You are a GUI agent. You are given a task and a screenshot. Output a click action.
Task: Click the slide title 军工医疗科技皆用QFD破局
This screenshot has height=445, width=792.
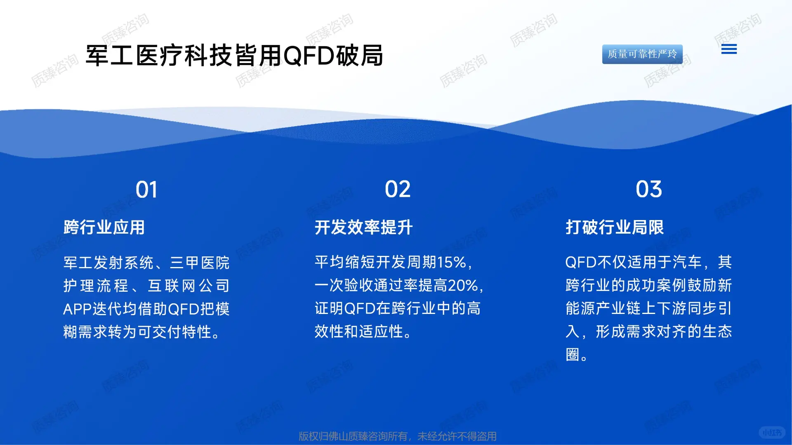(x=234, y=56)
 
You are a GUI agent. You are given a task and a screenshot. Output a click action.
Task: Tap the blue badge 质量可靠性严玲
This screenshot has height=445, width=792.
(x=642, y=54)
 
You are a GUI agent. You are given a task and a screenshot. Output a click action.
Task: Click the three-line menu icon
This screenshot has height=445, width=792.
(x=729, y=49)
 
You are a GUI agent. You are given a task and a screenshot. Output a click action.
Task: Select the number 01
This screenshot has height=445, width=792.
(x=146, y=190)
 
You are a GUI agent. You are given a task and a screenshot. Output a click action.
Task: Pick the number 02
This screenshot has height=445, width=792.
(x=398, y=189)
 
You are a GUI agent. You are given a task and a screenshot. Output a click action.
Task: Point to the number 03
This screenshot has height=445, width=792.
(x=649, y=189)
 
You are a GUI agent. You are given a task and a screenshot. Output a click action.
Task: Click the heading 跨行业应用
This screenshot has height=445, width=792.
(x=104, y=227)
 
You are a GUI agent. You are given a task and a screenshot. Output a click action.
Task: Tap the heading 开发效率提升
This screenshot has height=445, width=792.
(x=363, y=227)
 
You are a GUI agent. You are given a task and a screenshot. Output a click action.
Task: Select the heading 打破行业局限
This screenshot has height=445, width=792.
(x=615, y=227)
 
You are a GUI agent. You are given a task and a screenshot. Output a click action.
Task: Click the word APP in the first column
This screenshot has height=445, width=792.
(x=77, y=309)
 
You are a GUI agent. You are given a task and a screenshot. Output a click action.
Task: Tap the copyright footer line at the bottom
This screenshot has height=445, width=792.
(x=398, y=436)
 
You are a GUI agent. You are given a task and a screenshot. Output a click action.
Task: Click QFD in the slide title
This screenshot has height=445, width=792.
(x=309, y=56)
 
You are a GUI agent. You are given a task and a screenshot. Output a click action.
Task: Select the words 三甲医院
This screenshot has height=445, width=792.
(x=200, y=263)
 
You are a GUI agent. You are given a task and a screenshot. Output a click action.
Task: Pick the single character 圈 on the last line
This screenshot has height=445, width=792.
(x=573, y=355)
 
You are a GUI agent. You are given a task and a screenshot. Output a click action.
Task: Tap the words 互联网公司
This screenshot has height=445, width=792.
(x=189, y=286)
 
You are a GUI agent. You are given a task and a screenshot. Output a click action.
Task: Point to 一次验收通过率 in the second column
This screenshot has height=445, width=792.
(x=366, y=286)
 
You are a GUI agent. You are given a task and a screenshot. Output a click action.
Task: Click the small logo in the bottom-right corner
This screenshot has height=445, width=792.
(x=772, y=432)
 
